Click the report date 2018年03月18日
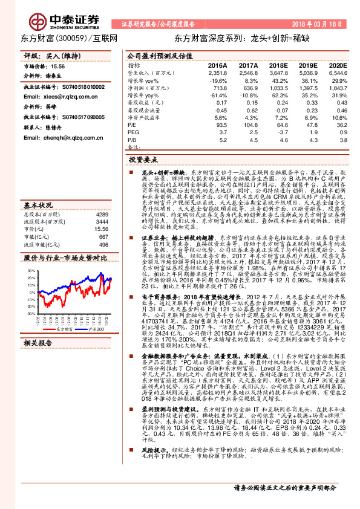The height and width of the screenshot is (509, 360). click(319, 24)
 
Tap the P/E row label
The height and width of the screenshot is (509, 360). click(133, 125)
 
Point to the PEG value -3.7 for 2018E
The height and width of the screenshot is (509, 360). click(280, 132)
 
